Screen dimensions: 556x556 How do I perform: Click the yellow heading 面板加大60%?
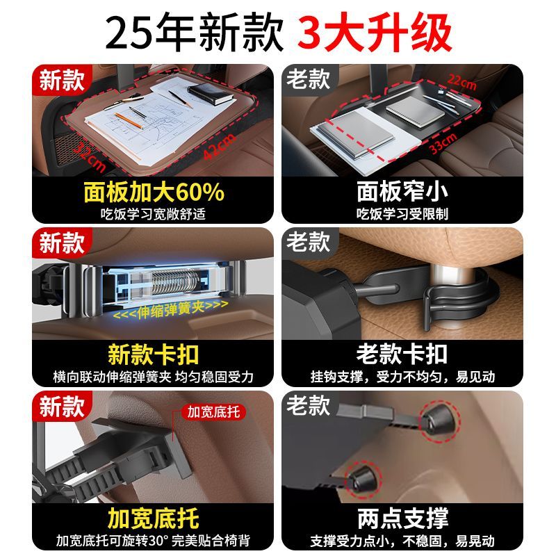154,191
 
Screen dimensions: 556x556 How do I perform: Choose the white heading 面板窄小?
402,191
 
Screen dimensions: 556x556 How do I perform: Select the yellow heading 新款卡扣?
154,354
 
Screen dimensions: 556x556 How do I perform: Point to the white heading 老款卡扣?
402,354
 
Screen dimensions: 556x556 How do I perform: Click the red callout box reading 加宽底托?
213,411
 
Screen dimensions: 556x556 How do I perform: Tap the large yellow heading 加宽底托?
154,517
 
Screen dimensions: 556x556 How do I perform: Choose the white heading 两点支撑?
402,517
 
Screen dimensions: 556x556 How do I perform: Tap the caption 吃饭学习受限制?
402,213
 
